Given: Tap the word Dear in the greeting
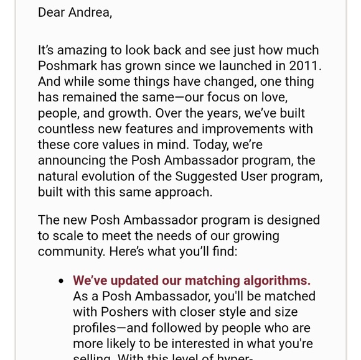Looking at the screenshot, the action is [52, 12].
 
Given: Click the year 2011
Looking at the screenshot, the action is [306, 66].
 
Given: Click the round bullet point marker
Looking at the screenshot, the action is [61, 282].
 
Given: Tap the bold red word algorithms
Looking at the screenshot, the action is [275, 281].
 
